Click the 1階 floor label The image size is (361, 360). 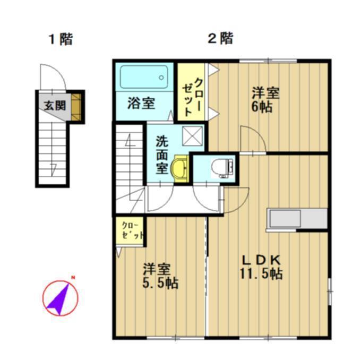pyautogui.click(x=61, y=39)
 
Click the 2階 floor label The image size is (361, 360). pyautogui.click(x=220, y=38)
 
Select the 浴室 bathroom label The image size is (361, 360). pyautogui.click(x=141, y=103)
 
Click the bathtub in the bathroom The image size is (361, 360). pyautogui.click(x=143, y=77)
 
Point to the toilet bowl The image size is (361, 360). pyautogui.click(x=220, y=168)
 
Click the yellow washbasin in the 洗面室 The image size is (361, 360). pyautogui.click(x=179, y=168)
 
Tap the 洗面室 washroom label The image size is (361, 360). pyautogui.click(x=162, y=155)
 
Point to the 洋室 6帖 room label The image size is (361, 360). pyautogui.click(x=265, y=99)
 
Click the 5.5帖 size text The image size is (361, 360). pyautogui.click(x=160, y=283)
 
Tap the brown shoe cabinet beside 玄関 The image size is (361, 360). pyautogui.click(x=76, y=106)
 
